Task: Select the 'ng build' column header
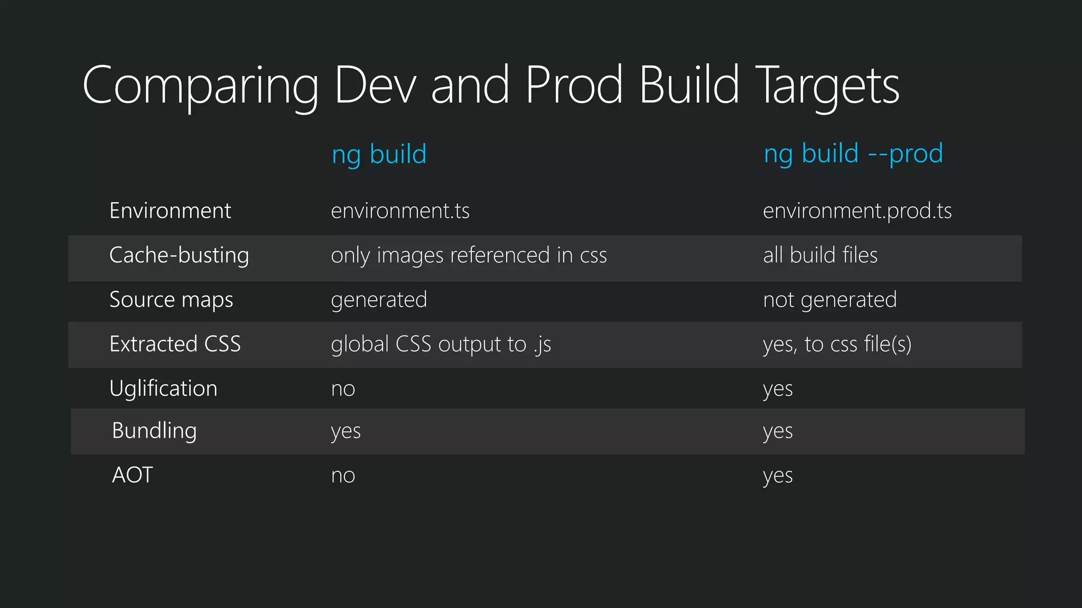[x=379, y=154]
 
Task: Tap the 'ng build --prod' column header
[x=853, y=154]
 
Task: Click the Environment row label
[x=170, y=211]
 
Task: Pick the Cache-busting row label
[x=179, y=255]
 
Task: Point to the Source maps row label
[x=171, y=300]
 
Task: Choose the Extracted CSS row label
[x=175, y=344]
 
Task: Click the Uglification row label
[x=163, y=388]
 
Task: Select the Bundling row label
[x=154, y=431]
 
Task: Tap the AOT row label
[x=132, y=475]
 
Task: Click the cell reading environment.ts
[x=400, y=211]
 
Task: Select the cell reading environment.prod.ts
[x=857, y=211]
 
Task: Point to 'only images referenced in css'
[x=469, y=255]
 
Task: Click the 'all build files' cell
[x=820, y=255]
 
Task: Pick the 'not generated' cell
[x=829, y=300]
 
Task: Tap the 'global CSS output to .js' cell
[x=441, y=344]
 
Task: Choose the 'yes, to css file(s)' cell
[x=837, y=344]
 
